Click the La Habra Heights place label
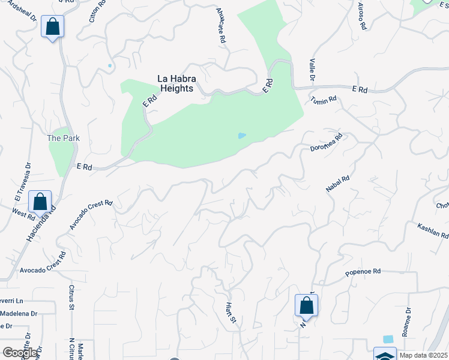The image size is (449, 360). coord(175,83)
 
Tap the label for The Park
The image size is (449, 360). coord(64,138)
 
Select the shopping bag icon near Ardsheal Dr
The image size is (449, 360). coord(52,27)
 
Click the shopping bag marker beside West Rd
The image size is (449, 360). coord(40,202)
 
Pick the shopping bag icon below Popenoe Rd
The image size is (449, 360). coord(306,305)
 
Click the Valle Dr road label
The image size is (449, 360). coord(312,70)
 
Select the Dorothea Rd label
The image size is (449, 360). coord(326,142)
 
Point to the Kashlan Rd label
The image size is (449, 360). coord(433,230)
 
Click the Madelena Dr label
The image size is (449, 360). coord(19,314)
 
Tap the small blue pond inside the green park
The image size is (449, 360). coord(241,136)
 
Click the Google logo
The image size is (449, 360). coord(20,353)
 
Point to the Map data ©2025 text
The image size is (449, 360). coord(423,355)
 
